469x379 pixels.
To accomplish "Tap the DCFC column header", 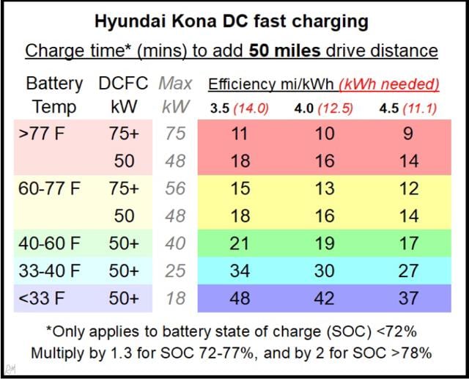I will click(124, 84).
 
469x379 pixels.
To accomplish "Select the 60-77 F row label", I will click(50, 188).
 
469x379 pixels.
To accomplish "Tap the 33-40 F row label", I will click(50, 271).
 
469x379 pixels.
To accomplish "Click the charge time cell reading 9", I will click(408, 134).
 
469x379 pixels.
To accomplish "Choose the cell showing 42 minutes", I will click(324, 298).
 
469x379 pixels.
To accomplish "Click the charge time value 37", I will click(408, 298).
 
